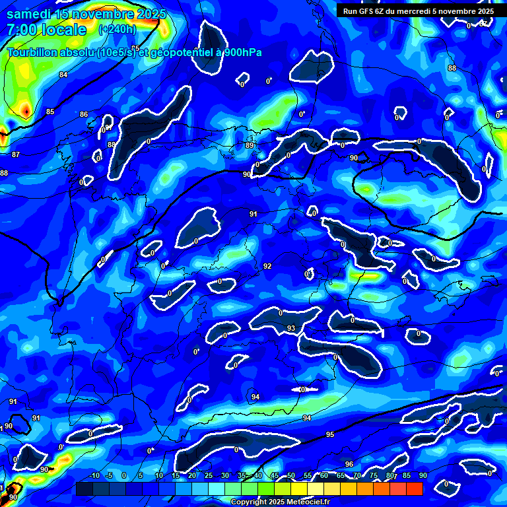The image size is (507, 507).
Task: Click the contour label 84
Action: point(63,75)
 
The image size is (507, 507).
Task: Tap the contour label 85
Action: point(50,112)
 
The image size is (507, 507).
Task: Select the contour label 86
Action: point(84,115)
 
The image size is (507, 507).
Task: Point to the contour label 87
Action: point(16,154)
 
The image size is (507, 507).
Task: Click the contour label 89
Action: point(249,145)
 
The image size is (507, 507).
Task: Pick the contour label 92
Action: point(267,266)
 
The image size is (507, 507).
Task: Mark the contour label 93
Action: point(291,328)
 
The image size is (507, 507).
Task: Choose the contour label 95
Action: point(330,434)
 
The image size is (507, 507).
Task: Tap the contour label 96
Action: point(349,464)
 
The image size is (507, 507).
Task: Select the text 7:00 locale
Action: point(46,30)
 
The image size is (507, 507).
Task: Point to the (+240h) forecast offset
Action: point(117,30)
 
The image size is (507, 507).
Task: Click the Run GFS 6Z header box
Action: point(418,11)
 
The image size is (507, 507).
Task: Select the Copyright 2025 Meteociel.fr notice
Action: point(281,502)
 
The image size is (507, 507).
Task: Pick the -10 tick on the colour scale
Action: point(94,475)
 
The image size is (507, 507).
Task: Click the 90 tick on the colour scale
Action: point(422,475)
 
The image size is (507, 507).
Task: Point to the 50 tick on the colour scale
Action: point(291,475)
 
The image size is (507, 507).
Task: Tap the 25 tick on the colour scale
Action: point(209,475)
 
